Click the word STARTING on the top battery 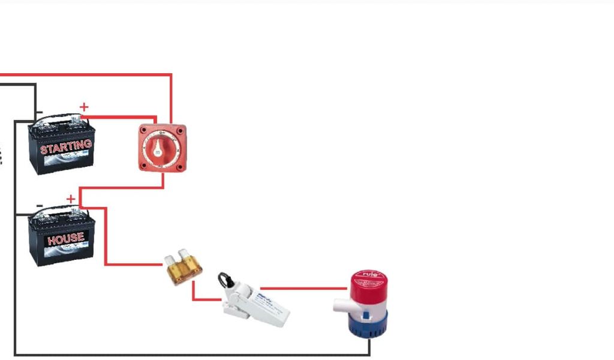click(x=66, y=146)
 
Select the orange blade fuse click(x=183, y=269)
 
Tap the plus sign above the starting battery click(x=84, y=107)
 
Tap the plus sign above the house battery click(x=71, y=199)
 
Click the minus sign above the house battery click(x=40, y=205)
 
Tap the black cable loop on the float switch click(x=225, y=281)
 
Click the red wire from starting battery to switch click(x=120, y=117)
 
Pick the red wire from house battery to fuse click(x=106, y=240)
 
